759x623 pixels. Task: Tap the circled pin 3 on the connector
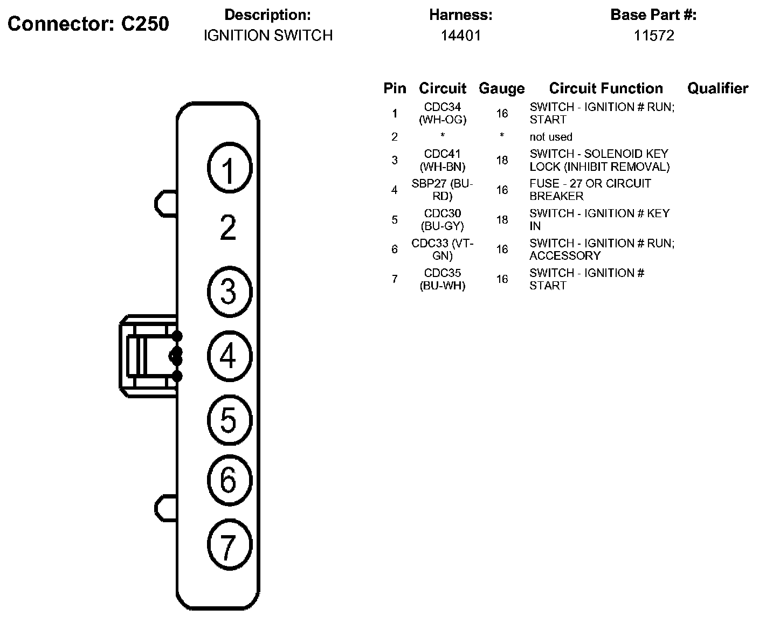(229, 292)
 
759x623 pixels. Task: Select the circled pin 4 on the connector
(229, 356)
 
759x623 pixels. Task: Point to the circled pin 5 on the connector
(229, 419)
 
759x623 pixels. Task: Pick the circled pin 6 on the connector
(229, 480)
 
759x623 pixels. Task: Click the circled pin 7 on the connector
(229, 545)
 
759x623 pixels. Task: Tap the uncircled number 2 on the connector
(229, 228)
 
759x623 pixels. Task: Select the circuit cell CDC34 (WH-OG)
(442, 113)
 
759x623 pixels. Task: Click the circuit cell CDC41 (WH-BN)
(442, 160)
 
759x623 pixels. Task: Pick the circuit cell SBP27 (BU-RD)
(442, 190)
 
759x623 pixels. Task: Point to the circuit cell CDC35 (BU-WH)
(442, 279)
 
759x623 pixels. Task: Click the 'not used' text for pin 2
(550, 137)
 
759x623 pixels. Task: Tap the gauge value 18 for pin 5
(502, 219)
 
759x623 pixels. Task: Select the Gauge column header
(501, 88)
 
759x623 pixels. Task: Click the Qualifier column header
(717, 88)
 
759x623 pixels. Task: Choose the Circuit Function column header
(606, 88)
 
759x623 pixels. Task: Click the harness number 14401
(460, 36)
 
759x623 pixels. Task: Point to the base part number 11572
(653, 36)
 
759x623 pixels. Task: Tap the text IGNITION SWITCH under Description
(268, 36)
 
